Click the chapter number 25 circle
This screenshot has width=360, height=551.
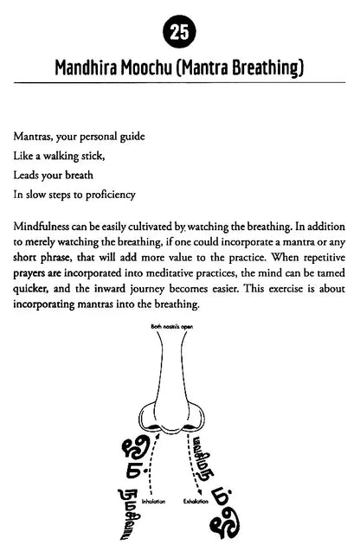click(x=179, y=33)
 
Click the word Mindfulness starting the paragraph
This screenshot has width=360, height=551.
click(x=45, y=227)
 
